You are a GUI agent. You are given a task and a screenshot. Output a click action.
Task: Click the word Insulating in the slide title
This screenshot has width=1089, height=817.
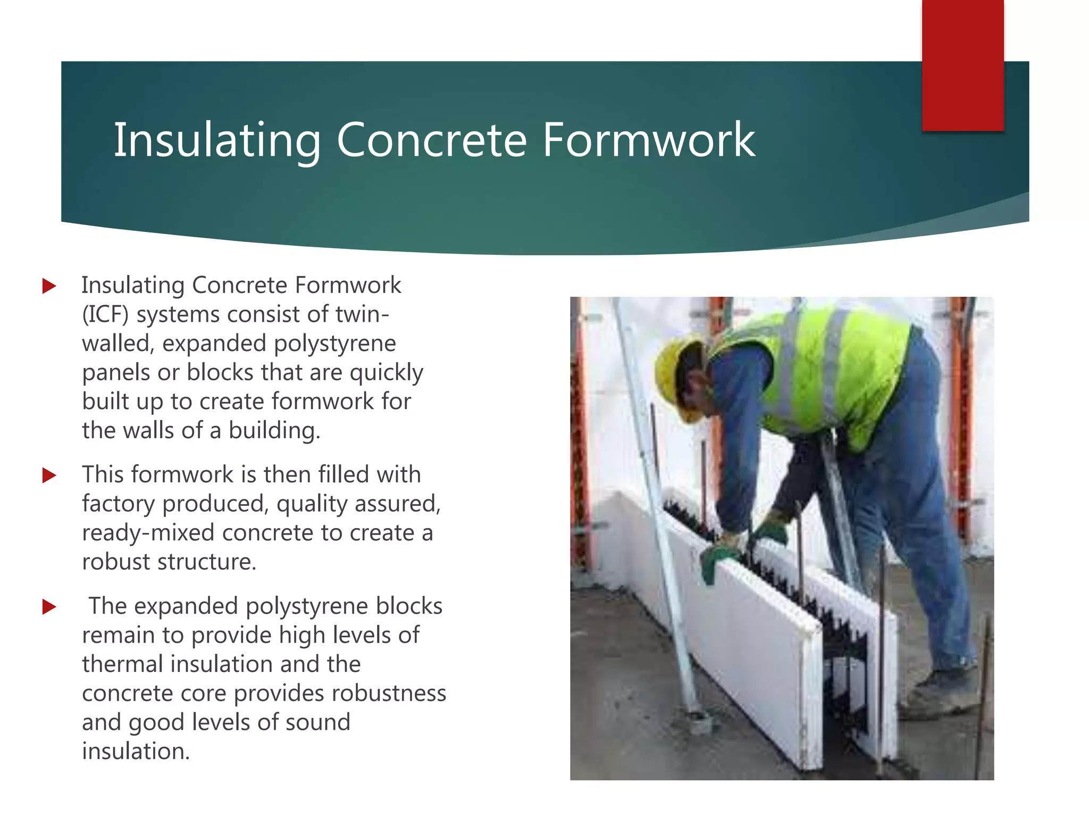pos(217,140)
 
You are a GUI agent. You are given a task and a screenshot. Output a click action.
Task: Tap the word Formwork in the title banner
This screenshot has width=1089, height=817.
pos(648,140)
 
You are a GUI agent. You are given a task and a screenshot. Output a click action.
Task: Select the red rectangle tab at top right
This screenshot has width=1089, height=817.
pos(962,65)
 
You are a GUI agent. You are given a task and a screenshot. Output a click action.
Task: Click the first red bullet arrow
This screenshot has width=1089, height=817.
pos(49,286)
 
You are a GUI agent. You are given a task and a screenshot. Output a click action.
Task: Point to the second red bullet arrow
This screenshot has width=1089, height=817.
pos(49,475)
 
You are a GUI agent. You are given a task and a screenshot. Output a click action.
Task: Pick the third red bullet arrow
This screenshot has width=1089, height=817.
pos(49,606)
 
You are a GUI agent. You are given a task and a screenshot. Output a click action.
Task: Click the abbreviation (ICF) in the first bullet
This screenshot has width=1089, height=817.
pos(105,314)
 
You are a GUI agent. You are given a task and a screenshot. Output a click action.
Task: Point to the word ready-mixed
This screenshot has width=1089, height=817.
pos(148,532)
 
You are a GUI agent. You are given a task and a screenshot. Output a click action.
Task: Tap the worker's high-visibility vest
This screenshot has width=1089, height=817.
pos(830,372)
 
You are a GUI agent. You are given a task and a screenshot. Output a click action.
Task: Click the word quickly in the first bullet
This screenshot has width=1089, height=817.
pos(387,372)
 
